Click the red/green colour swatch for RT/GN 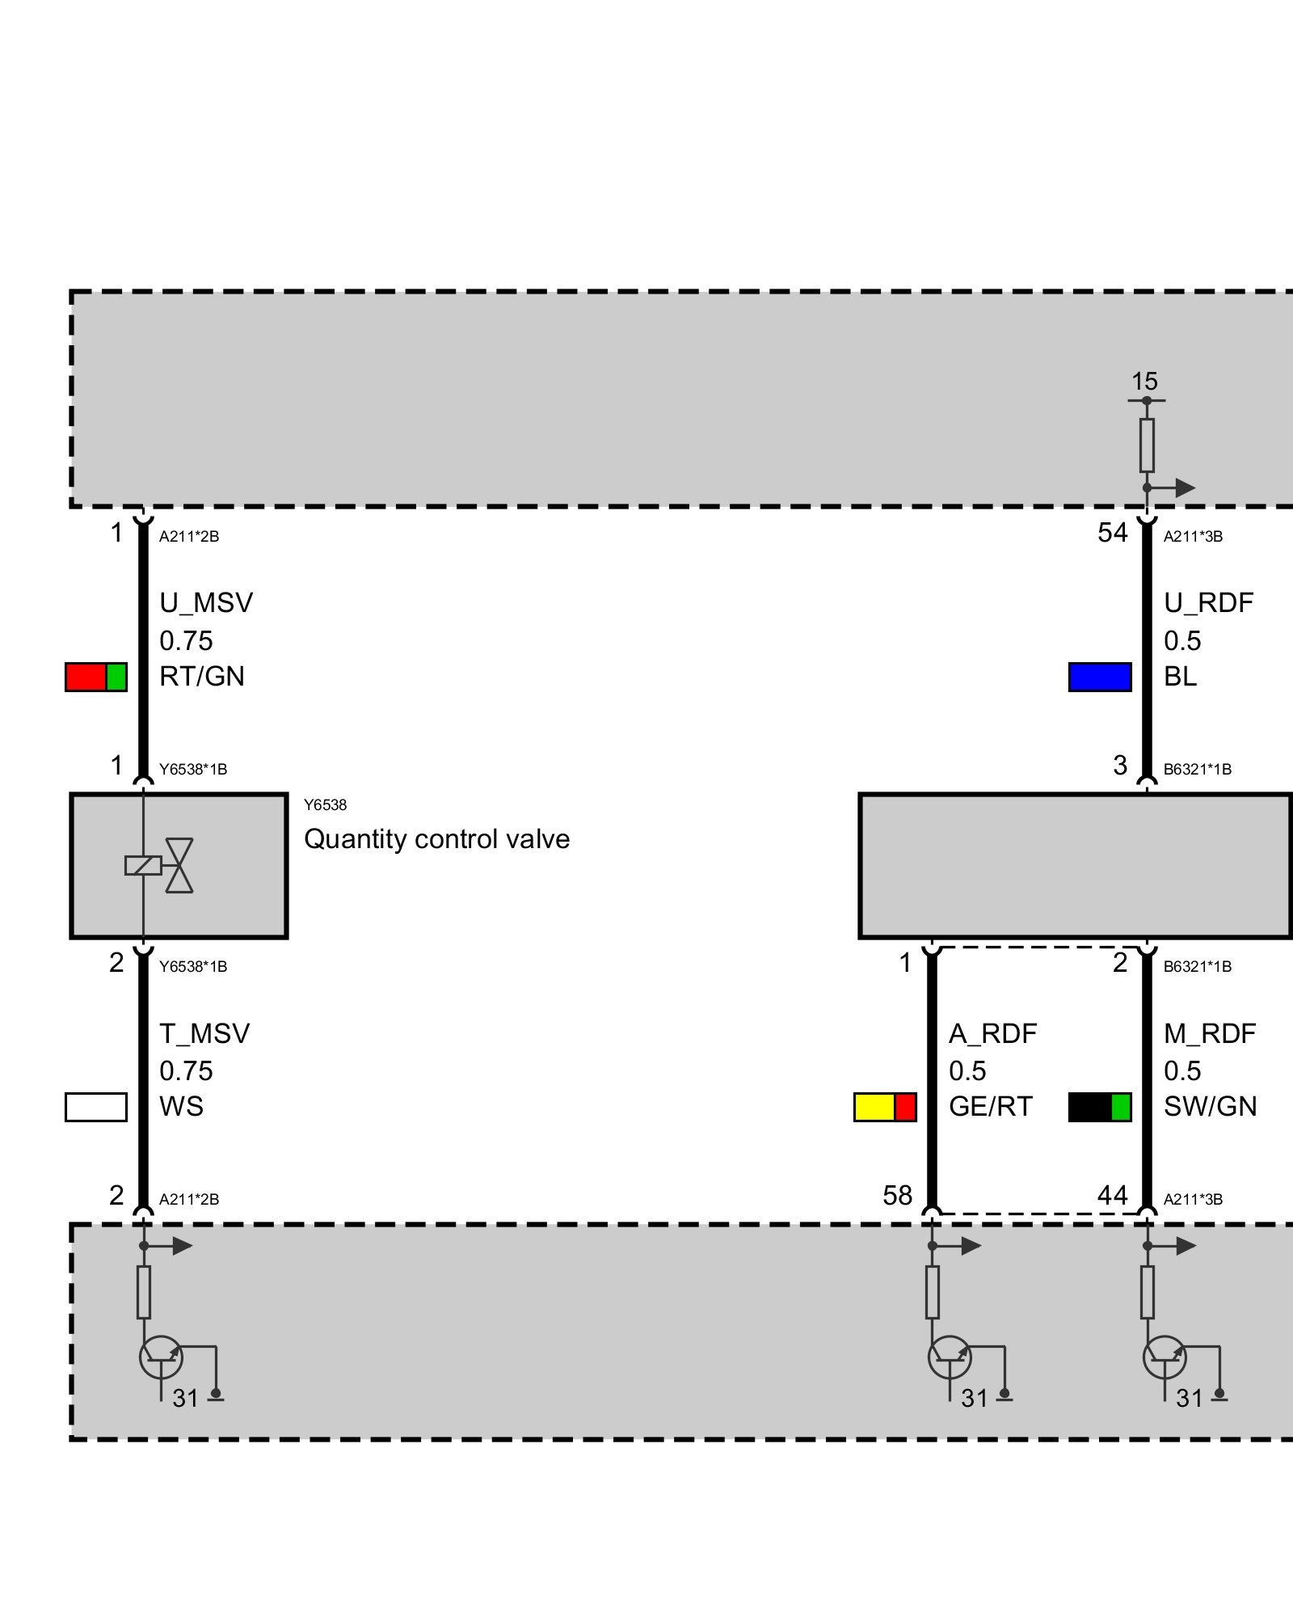[96, 677]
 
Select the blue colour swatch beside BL [1100, 677]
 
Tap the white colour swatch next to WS [96, 1107]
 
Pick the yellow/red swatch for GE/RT [885, 1107]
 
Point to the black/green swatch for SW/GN [1100, 1107]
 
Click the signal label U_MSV [206, 603]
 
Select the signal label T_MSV [204, 1033]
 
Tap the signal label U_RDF [1208, 603]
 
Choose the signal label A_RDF [992, 1033]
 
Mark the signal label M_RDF [1210, 1033]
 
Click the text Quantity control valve [436, 839]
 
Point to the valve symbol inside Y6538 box [179, 865]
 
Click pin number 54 [1112, 533]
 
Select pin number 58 [897, 1195]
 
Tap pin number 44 [1112, 1195]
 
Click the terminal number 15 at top [1144, 382]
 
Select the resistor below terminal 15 [1147, 445]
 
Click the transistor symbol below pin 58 [950, 1357]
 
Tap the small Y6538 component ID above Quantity [325, 805]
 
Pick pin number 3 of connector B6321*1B [1120, 766]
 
